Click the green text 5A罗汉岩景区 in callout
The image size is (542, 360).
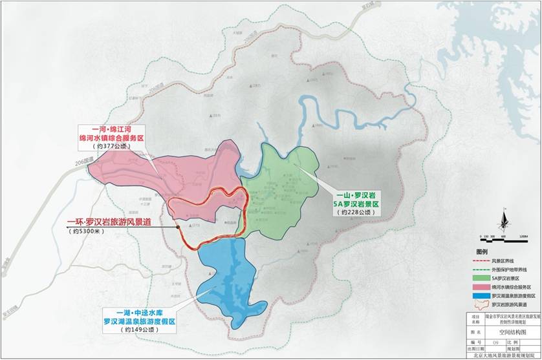click(x=355, y=202)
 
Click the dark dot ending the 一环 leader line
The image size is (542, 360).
click(x=177, y=227)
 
